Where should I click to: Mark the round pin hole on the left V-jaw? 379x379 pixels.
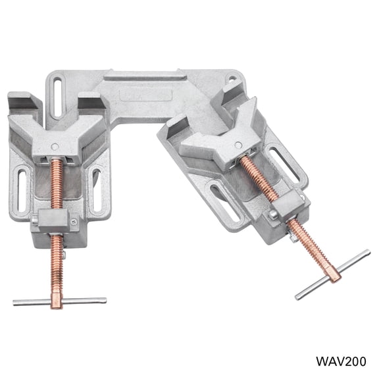pyautogui.click(x=55, y=146)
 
